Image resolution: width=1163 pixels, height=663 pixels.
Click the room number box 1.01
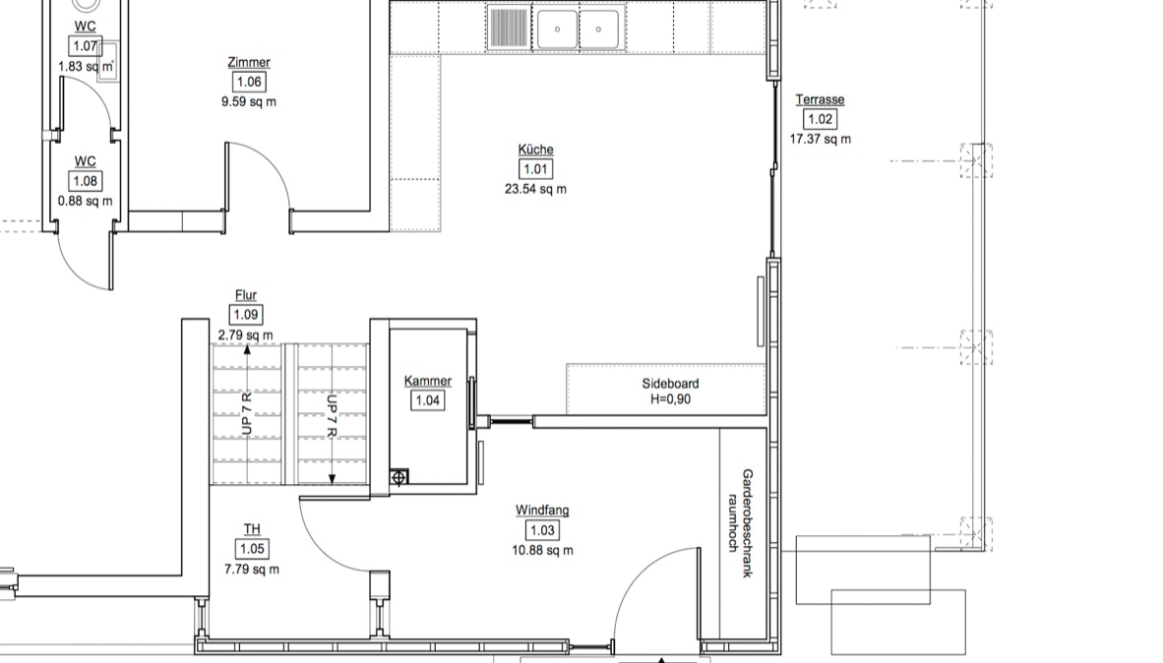pyautogui.click(x=535, y=169)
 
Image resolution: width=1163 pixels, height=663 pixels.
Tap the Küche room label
pyautogui.click(x=535, y=150)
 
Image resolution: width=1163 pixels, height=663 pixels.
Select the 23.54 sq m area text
pyautogui.click(x=535, y=189)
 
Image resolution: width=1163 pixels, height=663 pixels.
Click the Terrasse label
pyautogui.click(x=820, y=99)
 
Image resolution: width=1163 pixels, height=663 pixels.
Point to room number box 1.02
pyautogui.click(x=820, y=119)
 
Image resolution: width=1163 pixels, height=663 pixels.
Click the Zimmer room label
pyautogui.click(x=249, y=62)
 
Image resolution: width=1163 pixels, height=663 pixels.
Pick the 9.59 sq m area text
pyautogui.click(x=249, y=101)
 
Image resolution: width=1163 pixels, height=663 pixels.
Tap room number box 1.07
pyautogui.click(x=86, y=46)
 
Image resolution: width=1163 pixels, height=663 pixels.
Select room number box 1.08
pyautogui.click(x=86, y=181)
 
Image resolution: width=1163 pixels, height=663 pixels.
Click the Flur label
pyautogui.click(x=246, y=295)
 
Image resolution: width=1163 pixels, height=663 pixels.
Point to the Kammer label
pyautogui.click(x=427, y=382)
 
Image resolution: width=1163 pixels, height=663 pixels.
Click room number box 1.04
pyautogui.click(x=427, y=400)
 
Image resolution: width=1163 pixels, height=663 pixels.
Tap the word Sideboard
pyautogui.click(x=670, y=384)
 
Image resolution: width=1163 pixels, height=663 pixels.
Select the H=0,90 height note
pyautogui.click(x=670, y=399)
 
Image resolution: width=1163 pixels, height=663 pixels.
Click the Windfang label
pyautogui.click(x=542, y=511)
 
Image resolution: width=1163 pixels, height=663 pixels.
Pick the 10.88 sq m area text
pyautogui.click(x=542, y=550)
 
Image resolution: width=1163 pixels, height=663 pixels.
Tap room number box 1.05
pyautogui.click(x=252, y=549)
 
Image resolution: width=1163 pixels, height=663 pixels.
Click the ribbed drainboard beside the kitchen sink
pyautogui.click(x=509, y=28)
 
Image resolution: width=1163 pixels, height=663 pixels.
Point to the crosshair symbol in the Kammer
pyautogui.click(x=399, y=477)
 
